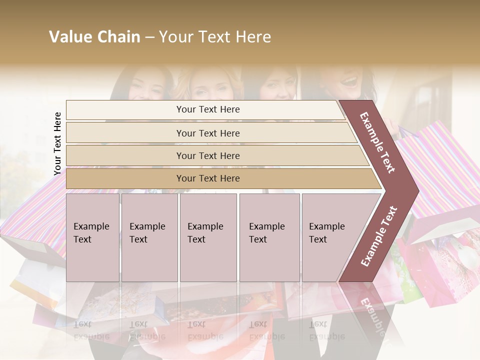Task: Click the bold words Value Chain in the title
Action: [94, 37]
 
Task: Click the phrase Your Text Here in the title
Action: [215, 37]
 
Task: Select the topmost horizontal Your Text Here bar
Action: [208, 109]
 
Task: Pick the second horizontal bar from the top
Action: [208, 133]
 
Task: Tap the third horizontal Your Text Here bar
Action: [208, 155]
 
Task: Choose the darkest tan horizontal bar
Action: [208, 178]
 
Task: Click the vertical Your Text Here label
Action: [57, 143]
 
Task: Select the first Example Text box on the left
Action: [92, 237]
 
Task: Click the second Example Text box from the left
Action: [149, 237]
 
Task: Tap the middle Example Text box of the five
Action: [208, 237]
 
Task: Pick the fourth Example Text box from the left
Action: [269, 237]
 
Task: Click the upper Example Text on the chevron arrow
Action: [377, 142]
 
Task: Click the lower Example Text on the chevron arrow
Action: [378, 236]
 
